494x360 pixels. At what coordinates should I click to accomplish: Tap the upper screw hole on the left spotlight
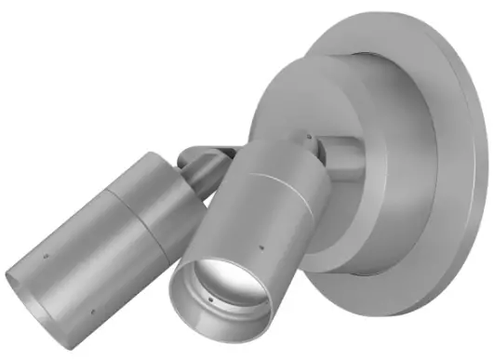(x=47, y=252)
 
